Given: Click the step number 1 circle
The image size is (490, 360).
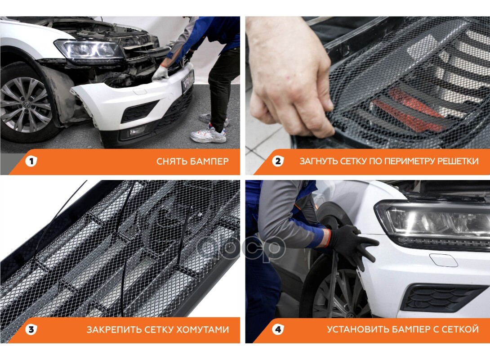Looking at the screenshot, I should [31, 161].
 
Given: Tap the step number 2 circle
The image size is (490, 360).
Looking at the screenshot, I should [277, 161].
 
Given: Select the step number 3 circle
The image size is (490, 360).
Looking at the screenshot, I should [31, 329].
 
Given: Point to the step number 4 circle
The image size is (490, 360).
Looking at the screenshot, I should [277, 329].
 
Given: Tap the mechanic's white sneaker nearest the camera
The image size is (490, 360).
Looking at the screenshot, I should [208, 134].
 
